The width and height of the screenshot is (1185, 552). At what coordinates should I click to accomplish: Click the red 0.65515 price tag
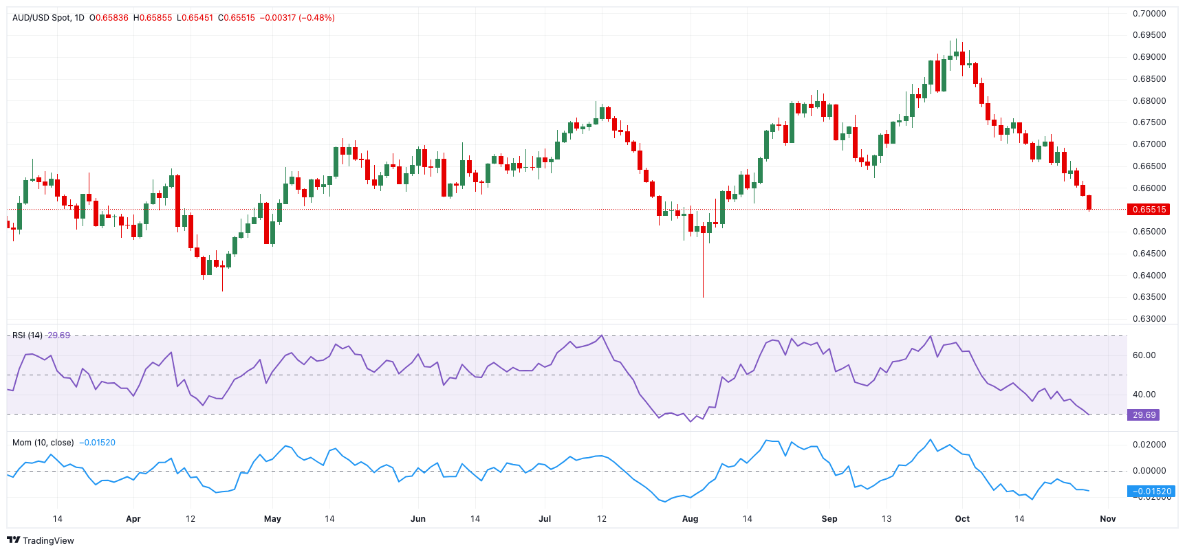(1148, 210)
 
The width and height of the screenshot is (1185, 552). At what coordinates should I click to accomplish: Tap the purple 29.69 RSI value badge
(1143, 415)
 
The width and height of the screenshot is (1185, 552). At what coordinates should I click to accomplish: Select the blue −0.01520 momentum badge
(1151, 492)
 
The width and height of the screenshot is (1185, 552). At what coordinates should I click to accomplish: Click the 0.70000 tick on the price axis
(1149, 14)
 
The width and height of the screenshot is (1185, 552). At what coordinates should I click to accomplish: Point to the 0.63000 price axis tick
(1149, 319)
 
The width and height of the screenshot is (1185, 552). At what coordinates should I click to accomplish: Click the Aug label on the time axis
(690, 519)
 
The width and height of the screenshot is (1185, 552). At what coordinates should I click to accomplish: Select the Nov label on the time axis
(1107, 519)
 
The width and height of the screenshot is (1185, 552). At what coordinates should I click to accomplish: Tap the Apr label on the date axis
(133, 519)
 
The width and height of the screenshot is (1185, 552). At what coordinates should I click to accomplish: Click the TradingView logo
(41, 540)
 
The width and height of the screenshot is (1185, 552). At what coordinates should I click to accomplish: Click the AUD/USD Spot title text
(41, 18)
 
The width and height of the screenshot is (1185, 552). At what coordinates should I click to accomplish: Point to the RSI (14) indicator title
(28, 335)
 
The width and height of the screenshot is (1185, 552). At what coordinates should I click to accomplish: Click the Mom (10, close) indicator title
(43, 443)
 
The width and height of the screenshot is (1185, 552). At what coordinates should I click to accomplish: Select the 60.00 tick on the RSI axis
(1144, 355)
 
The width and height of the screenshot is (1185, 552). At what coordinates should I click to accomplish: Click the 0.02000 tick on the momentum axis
(1149, 445)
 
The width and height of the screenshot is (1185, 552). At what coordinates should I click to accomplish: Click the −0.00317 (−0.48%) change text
(296, 18)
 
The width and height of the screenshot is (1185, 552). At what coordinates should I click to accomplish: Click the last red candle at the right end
(1089, 202)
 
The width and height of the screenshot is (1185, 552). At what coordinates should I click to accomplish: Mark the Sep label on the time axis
(829, 519)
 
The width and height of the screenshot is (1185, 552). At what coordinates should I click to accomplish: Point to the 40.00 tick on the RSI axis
(1144, 395)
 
